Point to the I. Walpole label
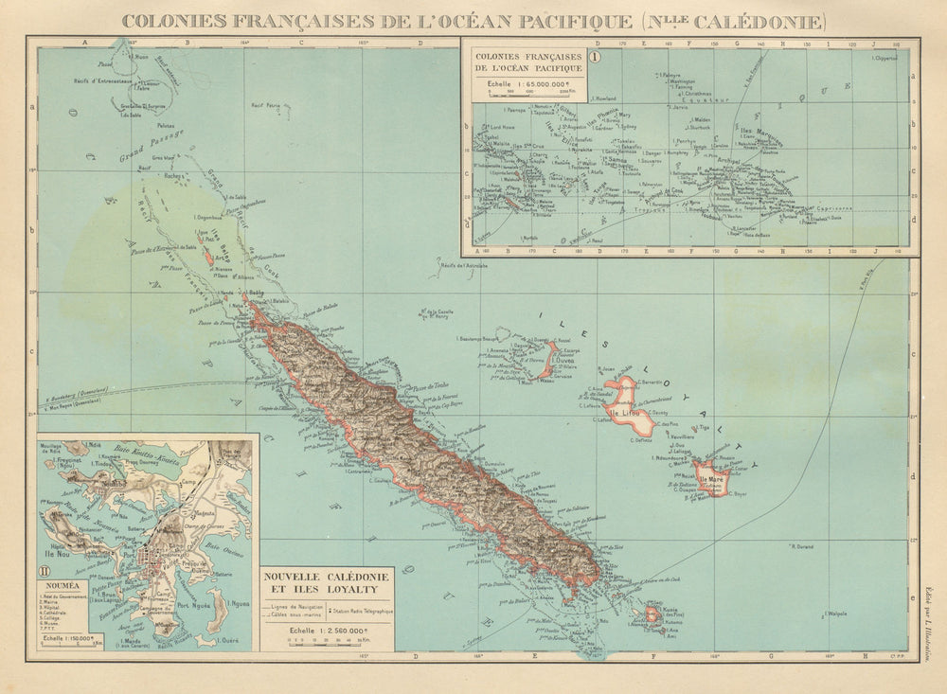click(x=834, y=614)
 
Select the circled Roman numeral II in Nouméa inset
click(x=45, y=571)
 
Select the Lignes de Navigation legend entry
click(x=299, y=604)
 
